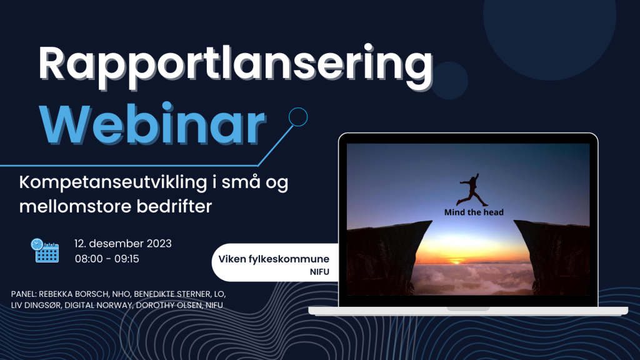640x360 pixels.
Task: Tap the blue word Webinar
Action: tap(152, 124)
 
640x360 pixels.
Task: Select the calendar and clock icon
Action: tap(45, 250)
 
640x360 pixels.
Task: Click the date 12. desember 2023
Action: tap(123, 244)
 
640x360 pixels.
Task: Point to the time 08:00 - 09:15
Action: tap(107, 259)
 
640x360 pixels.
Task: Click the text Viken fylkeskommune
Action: tap(274, 259)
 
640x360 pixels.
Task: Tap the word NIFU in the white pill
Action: tap(319, 272)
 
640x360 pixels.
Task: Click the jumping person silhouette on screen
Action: tap(472, 190)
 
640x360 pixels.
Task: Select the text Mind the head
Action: tap(474, 212)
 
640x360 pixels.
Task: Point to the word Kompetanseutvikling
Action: tap(113, 182)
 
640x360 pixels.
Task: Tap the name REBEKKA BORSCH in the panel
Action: tap(74, 294)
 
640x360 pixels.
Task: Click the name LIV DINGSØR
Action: tap(36, 305)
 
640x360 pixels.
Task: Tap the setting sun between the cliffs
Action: tap(456, 261)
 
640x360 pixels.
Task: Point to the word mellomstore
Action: tap(75, 206)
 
